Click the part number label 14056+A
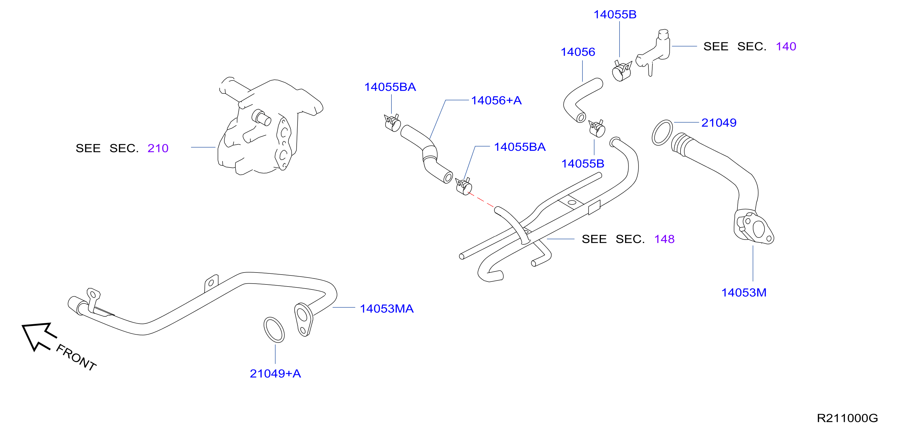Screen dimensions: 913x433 click(496, 100)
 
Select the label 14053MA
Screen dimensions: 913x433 click(387, 308)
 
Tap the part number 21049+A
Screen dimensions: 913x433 click(275, 373)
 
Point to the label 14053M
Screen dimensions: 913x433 click(744, 293)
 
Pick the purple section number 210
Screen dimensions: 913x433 click(158, 148)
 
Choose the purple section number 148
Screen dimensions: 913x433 click(664, 239)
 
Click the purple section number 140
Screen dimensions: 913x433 click(786, 46)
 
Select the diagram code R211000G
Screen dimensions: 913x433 click(847, 418)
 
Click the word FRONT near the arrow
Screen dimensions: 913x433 click(76, 357)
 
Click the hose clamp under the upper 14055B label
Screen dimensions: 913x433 click(622, 71)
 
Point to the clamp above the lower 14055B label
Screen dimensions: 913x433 click(597, 129)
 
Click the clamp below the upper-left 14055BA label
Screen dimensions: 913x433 click(392, 123)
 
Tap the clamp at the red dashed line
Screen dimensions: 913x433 click(464, 186)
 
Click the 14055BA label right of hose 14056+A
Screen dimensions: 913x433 click(520, 147)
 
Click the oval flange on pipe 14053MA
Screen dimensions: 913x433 click(304, 319)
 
